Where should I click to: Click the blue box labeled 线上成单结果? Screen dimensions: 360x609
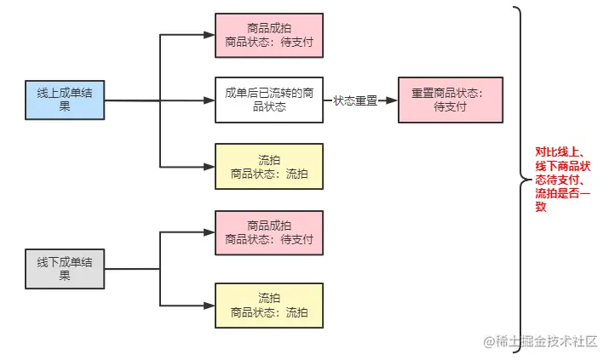click(x=65, y=100)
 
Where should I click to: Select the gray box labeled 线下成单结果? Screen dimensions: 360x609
click(x=65, y=269)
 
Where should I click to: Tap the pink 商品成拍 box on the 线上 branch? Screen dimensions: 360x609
click(x=268, y=35)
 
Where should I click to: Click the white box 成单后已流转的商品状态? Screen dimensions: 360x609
click(x=268, y=100)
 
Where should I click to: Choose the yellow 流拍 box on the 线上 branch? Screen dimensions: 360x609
click(x=268, y=166)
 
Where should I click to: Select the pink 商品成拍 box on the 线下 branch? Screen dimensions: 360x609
click(x=268, y=232)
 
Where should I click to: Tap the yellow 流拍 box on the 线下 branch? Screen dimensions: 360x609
click(x=268, y=305)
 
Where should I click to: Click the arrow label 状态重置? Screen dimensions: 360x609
click(x=355, y=100)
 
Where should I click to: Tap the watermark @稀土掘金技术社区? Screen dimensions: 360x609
click(x=540, y=342)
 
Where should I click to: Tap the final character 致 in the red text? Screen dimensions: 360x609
click(x=540, y=207)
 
